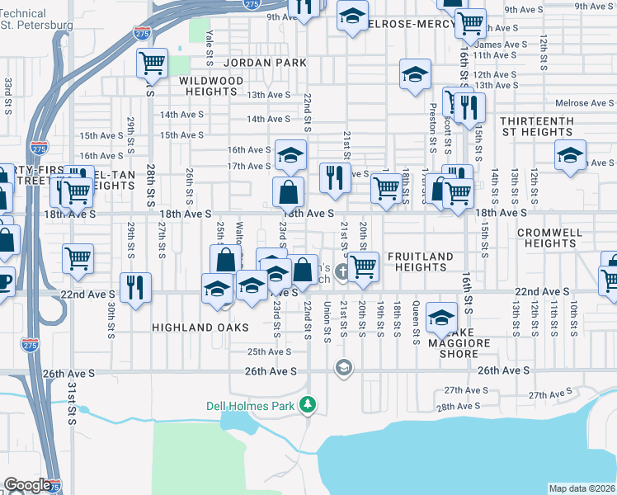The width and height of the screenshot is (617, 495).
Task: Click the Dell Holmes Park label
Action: pyautogui.click(x=252, y=406)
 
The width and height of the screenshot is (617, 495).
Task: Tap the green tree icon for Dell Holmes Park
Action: pyautogui.click(x=308, y=405)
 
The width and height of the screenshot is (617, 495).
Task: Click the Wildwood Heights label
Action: pyautogui.click(x=213, y=86)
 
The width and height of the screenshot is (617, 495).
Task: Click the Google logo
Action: pyautogui.click(x=27, y=485)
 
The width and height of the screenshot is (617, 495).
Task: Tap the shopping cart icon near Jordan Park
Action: pyautogui.click(x=152, y=63)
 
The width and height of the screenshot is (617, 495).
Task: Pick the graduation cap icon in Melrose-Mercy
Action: pyautogui.click(x=352, y=16)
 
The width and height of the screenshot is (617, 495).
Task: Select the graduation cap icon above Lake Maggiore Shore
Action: pyautogui.click(x=442, y=318)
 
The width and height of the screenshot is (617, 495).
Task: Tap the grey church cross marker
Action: pyautogui.click(x=341, y=271)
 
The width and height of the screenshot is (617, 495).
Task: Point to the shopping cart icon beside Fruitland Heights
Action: pyautogui.click(x=363, y=267)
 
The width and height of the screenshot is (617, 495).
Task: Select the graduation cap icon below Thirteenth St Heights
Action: pyautogui.click(x=570, y=155)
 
